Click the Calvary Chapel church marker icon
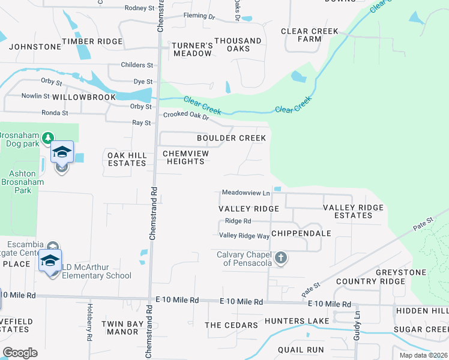[280, 259]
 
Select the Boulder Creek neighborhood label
[231, 138]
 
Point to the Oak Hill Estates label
[127, 159]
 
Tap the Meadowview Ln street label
[246, 193]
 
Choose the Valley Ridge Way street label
[244, 236]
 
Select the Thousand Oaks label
[238, 45]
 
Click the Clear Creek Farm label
[309, 35]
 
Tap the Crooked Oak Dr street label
[185, 115]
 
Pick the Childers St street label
[137, 65]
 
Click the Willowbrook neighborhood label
[83, 97]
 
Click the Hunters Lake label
[297, 321]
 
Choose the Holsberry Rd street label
[89, 329]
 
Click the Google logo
[20, 353]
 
